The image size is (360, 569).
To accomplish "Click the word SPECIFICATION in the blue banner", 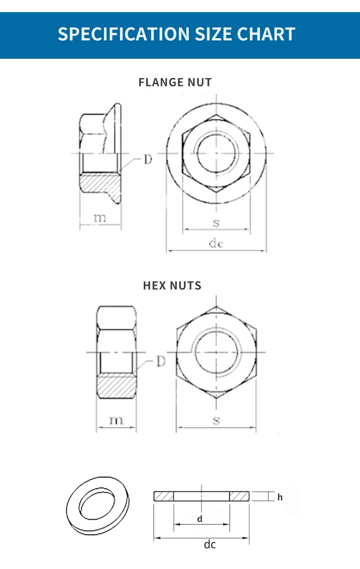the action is [124, 34].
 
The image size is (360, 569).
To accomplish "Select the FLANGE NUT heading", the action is [175, 82].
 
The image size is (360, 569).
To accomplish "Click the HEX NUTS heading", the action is [172, 285].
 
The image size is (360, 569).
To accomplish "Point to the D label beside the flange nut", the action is [148, 159].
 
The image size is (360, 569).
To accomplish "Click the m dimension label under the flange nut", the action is [100, 218].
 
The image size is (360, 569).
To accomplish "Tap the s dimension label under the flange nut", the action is [216, 223].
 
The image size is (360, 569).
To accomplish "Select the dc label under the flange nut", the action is [216, 243].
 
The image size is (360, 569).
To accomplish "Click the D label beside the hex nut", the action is [161, 361].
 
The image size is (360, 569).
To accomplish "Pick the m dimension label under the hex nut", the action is [116, 420].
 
